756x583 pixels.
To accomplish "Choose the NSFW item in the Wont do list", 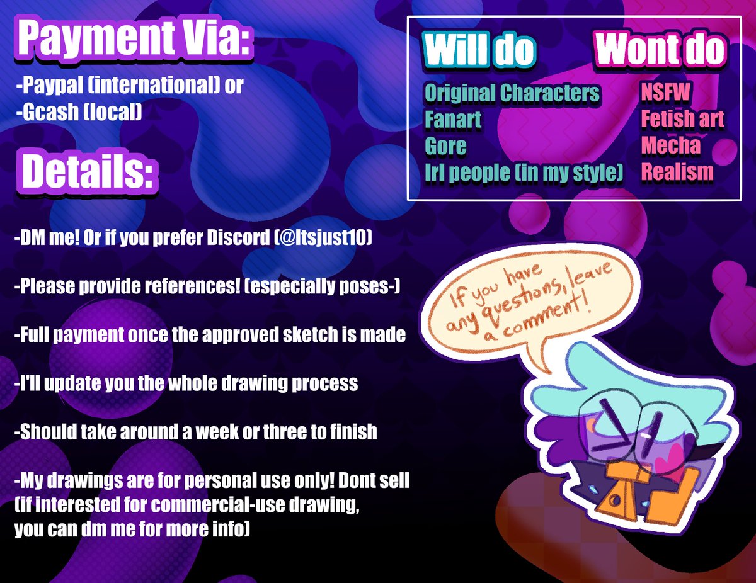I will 666,93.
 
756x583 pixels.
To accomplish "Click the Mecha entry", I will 670,145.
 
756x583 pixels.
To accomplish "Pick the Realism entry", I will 677,172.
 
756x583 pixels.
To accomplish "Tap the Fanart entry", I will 453,120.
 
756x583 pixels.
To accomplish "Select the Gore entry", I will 445,146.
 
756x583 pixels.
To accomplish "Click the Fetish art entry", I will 682,119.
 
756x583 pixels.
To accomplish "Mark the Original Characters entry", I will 512,93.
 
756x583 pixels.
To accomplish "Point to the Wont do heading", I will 660,50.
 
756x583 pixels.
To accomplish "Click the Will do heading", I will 479,50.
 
